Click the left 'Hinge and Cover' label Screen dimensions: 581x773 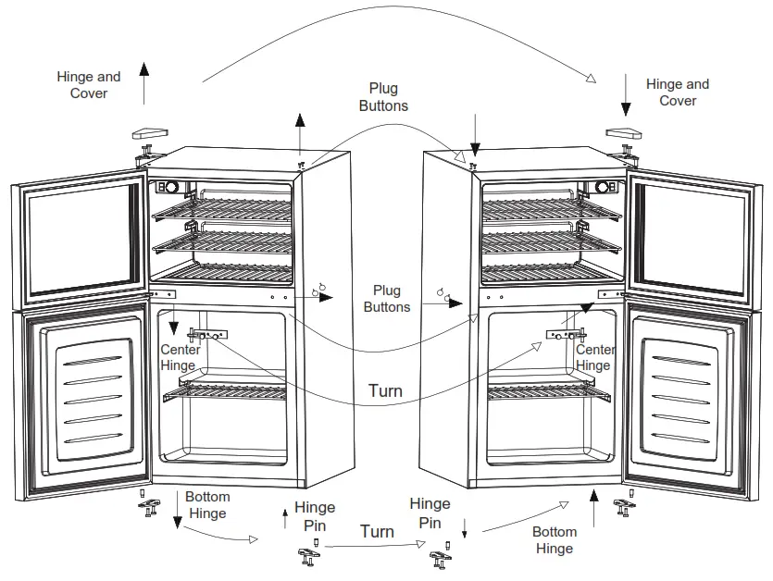click(x=89, y=85)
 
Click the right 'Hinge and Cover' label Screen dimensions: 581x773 click(x=678, y=93)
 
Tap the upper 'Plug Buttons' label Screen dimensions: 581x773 click(x=383, y=97)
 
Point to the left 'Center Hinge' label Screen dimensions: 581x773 click(x=179, y=357)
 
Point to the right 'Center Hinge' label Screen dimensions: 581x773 click(x=594, y=357)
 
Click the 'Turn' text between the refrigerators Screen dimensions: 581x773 click(x=385, y=390)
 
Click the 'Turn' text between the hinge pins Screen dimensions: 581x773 click(x=377, y=531)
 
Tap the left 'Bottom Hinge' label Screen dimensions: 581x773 click(x=206, y=505)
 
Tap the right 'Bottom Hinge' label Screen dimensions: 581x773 click(x=555, y=540)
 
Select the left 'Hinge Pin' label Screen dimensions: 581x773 click(x=315, y=515)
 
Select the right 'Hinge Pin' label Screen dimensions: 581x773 click(x=430, y=513)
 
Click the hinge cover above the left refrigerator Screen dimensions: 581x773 click(x=149, y=132)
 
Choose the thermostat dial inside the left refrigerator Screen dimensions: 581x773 click(x=170, y=187)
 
